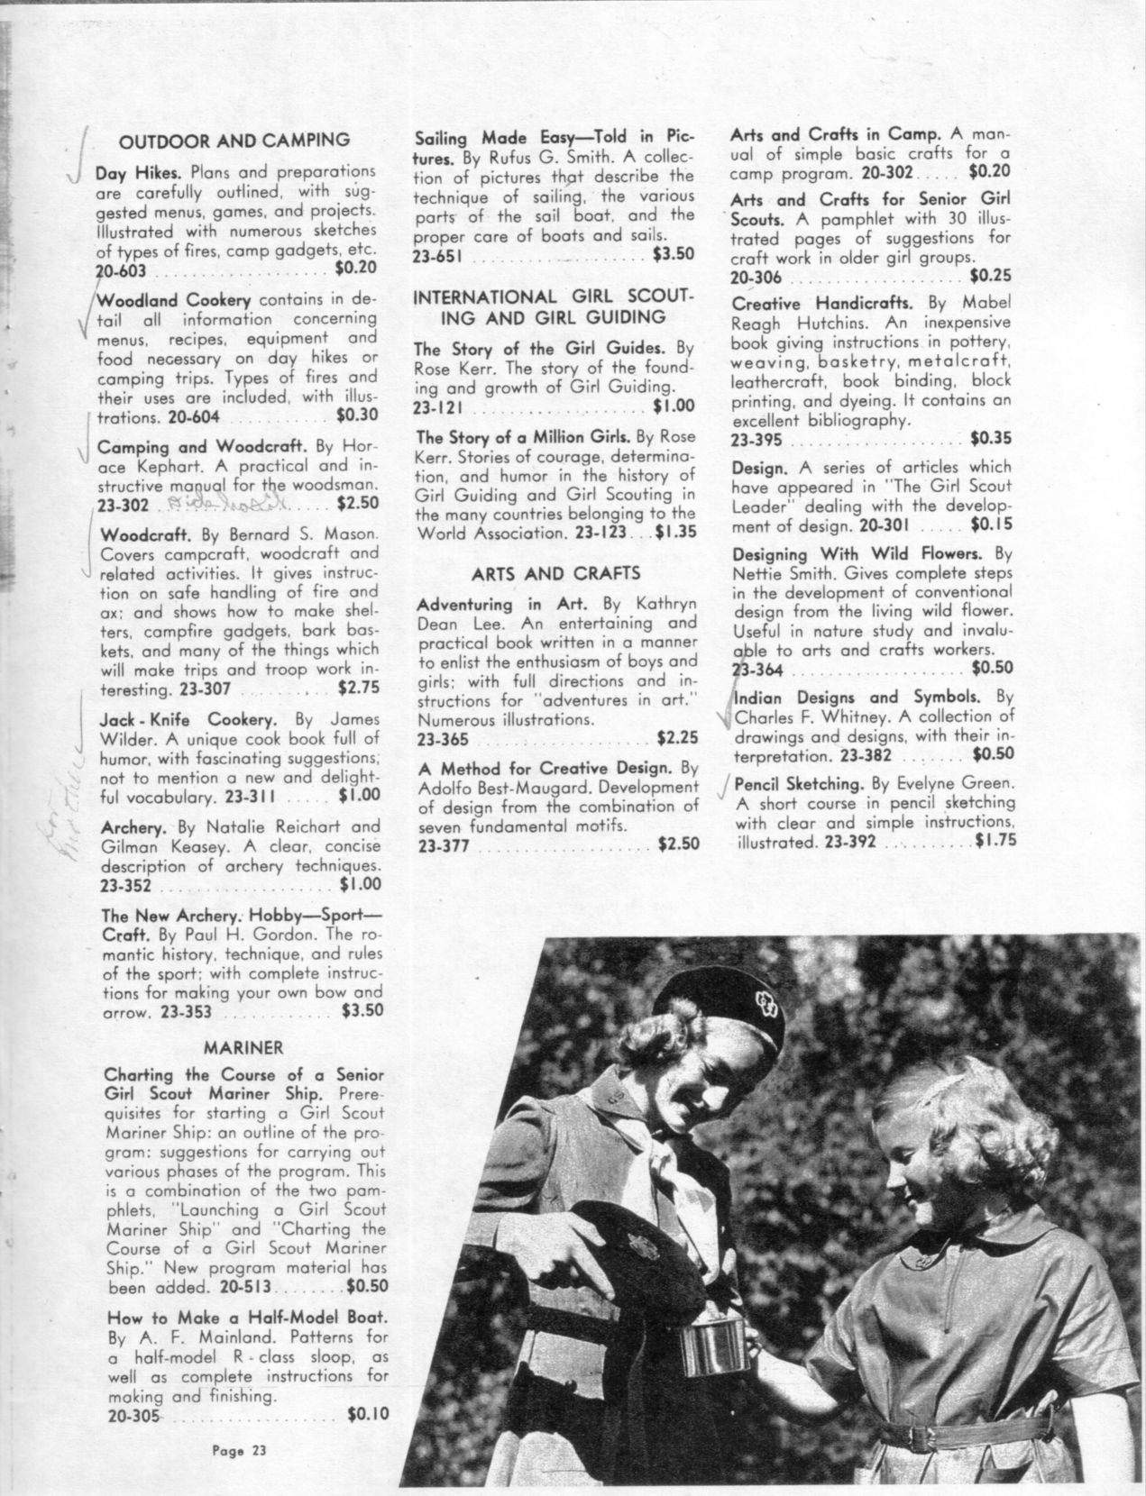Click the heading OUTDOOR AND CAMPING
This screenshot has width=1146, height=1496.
click(x=234, y=140)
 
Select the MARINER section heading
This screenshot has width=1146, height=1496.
click(x=243, y=1047)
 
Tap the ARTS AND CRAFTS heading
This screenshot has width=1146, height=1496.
click(x=556, y=573)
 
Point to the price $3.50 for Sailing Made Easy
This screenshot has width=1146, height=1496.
click(x=673, y=254)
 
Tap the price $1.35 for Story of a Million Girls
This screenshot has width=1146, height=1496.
click(x=676, y=533)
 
